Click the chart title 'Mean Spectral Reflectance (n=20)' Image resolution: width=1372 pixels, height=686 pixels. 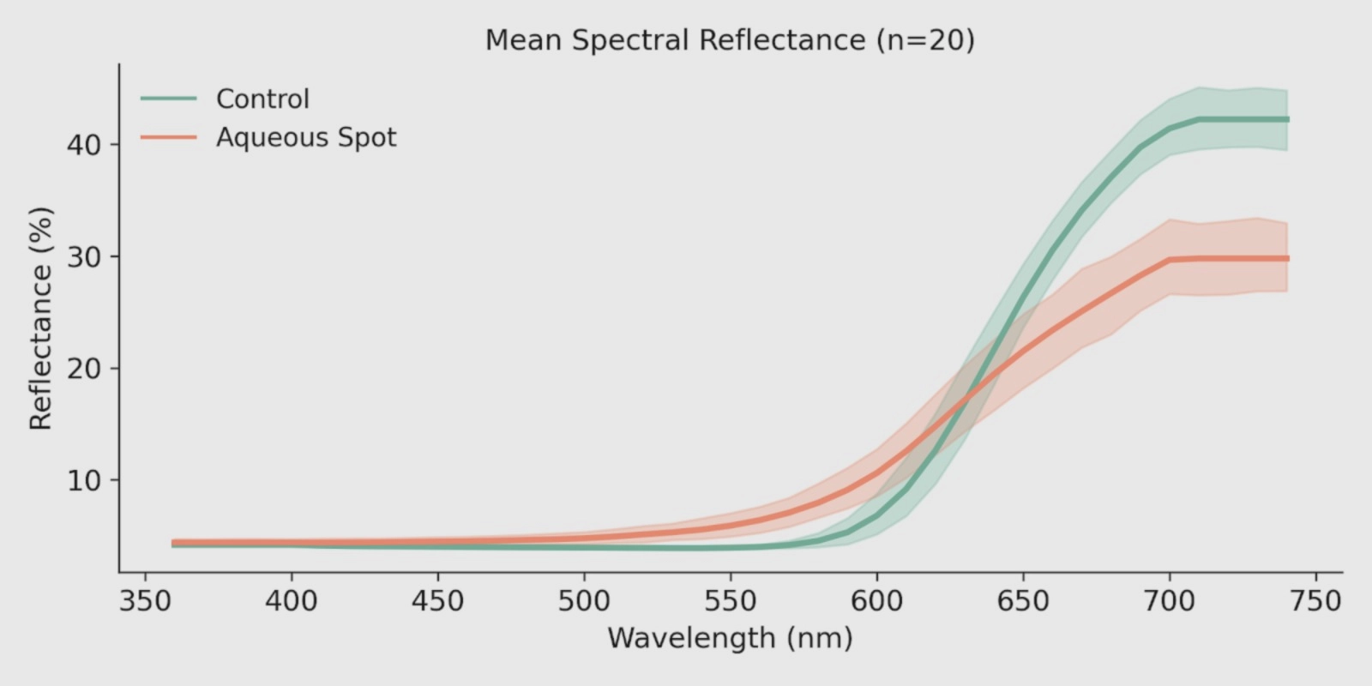(730, 40)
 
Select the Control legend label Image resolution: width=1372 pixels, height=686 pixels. (262, 99)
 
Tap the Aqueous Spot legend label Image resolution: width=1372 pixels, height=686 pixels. (306, 138)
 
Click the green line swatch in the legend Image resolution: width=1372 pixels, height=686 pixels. (169, 99)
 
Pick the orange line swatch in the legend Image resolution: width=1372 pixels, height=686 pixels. (169, 138)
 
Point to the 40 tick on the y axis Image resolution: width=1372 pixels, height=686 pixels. (83, 144)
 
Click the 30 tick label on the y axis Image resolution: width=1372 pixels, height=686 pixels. (83, 256)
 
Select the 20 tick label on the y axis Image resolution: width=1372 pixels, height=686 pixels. (83, 369)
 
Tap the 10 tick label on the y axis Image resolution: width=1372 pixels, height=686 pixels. (83, 480)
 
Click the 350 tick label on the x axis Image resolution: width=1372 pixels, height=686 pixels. (145, 601)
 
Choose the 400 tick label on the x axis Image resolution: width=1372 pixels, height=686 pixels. (292, 601)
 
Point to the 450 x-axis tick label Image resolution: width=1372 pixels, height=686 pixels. (437, 601)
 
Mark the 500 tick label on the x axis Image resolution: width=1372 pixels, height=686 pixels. (584, 601)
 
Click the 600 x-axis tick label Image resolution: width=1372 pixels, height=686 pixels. (876, 601)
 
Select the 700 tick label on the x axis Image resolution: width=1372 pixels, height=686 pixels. (1170, 601)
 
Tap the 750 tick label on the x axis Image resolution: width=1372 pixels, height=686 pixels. (1315, 601)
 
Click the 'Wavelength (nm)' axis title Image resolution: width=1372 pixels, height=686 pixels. (730, 638)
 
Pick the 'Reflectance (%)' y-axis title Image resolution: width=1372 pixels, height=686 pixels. (41, 317)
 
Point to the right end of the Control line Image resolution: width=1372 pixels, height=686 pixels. (1287, 119)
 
